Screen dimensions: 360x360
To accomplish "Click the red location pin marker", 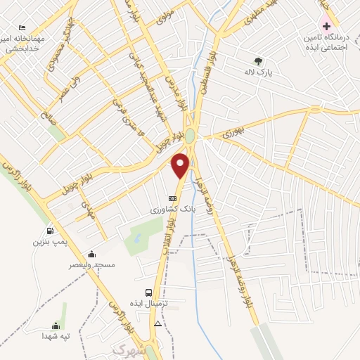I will click(x=181, y=165).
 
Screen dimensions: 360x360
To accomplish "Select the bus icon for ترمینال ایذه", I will click(x=148, y=292).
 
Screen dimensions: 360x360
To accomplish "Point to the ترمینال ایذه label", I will click(x=148, y=303).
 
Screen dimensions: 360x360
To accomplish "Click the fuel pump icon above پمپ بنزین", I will click(x=49, y=231).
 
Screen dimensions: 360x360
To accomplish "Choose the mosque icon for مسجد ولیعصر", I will click(x=91, y=254).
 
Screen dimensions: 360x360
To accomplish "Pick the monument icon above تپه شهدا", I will click(x=56, y=325).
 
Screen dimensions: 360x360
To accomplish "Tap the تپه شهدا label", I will click(x=56, y=336).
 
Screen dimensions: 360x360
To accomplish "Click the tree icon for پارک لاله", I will click(x=258, y=60).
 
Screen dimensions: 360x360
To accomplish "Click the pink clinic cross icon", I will click(x=321, y=24).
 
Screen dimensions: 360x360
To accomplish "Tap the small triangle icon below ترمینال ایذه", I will click(x=157, y=324).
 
